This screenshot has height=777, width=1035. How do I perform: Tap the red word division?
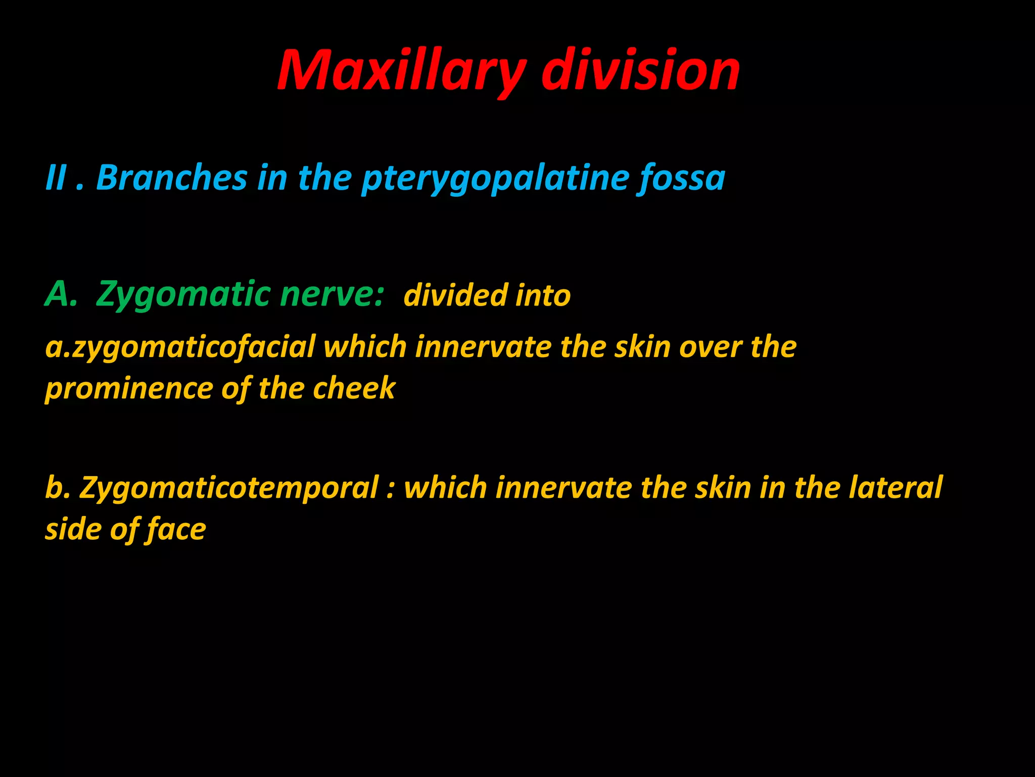(640, 71)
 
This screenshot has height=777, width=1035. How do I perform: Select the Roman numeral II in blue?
(56, 178)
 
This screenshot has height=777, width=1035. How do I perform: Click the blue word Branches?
(172, 178)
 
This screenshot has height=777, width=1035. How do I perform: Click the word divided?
(455, 295)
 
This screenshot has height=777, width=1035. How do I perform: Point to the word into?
(543, 295)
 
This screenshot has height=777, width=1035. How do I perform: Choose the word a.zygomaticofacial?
(180, 348)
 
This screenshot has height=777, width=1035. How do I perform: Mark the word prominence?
(129, 389)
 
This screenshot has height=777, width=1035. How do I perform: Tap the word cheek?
(354, 388)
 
